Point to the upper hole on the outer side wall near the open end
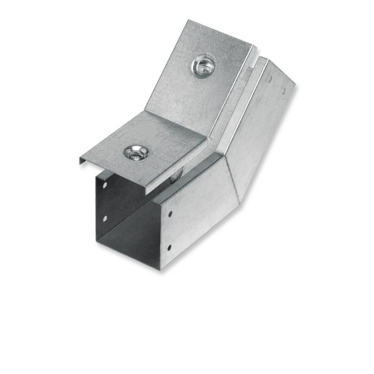tap(169, 214)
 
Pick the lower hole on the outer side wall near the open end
tap(169, 247)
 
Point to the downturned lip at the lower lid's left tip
tap(83, 161)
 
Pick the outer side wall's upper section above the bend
tap(262, 126)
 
